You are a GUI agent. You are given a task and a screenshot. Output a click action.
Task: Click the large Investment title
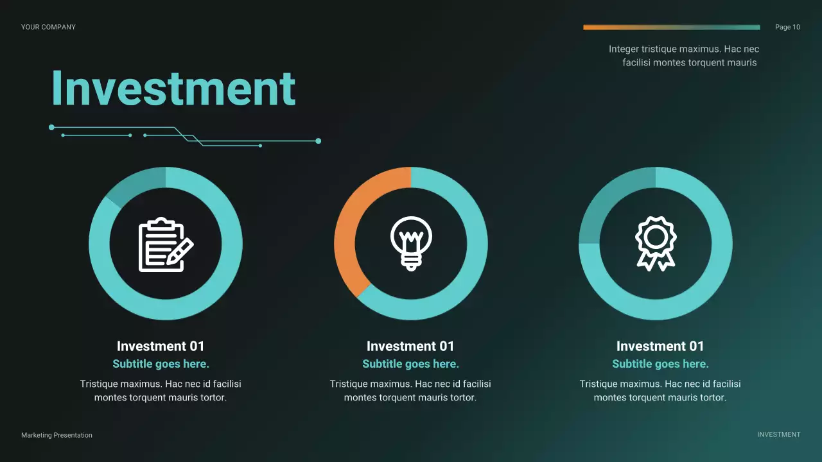[173, 88]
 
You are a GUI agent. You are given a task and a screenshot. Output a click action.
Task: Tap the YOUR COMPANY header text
[48, 27]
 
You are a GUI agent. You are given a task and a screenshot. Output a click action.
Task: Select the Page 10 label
[787, 27]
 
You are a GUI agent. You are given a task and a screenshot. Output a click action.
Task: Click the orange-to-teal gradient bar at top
[671, 28]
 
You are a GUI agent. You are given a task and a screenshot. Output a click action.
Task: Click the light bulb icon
[411, 243]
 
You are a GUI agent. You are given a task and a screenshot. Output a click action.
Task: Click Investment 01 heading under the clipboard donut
[161, 346]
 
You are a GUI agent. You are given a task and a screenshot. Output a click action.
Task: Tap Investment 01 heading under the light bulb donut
[410, 346]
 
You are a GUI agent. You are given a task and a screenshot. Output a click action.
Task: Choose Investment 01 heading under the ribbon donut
[660, 346]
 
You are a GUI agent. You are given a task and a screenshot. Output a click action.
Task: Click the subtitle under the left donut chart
[161, 364]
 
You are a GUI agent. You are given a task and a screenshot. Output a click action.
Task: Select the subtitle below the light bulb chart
[410, 364]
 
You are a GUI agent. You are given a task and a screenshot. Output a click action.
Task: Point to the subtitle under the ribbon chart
[660, 364]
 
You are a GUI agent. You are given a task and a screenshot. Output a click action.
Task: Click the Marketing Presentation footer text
[57, 435]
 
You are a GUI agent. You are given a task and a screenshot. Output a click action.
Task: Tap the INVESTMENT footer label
[778, 434]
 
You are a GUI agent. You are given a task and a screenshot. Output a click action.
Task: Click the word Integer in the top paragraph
[624, 49]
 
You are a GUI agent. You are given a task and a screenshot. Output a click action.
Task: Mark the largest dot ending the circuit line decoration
[319, 141]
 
